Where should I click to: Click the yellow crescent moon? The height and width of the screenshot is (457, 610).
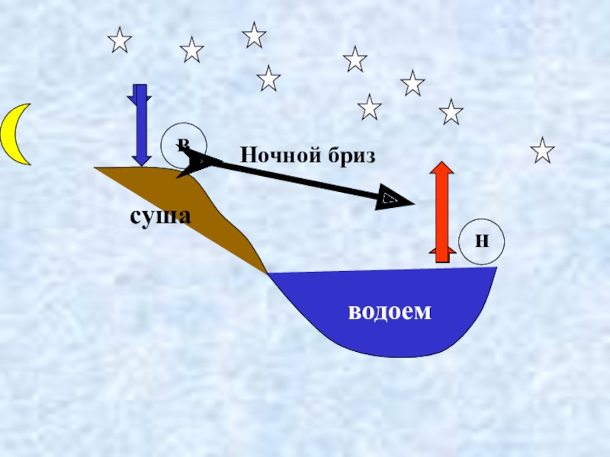[x=14, y=135]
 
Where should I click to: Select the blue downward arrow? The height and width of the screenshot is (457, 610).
[x=141, y=126]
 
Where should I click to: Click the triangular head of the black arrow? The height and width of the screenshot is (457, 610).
[x=395, y=200]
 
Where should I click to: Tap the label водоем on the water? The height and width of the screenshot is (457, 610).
[x=390, y=311]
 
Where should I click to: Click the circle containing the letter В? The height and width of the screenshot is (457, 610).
[x=183, y=143]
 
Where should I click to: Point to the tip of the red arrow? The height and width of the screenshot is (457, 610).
[x=440, y=163]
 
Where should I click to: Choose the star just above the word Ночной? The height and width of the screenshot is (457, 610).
[x=268, y=78]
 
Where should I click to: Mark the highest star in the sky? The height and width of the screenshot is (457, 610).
[x=254, y=34]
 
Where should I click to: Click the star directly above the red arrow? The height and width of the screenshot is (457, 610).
[x=451, y=112]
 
